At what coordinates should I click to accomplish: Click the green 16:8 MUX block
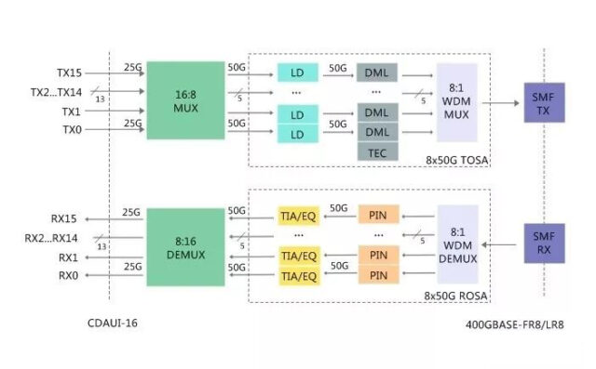[185, 100]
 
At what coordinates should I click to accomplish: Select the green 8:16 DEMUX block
[185, 246]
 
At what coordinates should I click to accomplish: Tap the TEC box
[377, 152]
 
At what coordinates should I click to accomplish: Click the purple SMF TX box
[543, 103]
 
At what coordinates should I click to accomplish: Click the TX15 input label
[70, 72]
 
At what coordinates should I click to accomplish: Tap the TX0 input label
[72, 130]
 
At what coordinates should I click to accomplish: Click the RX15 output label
[64, 219]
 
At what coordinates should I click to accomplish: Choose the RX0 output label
[68, 276]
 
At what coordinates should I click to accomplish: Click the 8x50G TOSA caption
[456, 160]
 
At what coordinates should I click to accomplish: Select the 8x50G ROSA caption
[456, 295]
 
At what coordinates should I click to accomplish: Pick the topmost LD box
[297, 72]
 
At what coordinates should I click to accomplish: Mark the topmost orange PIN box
[377, 216]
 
